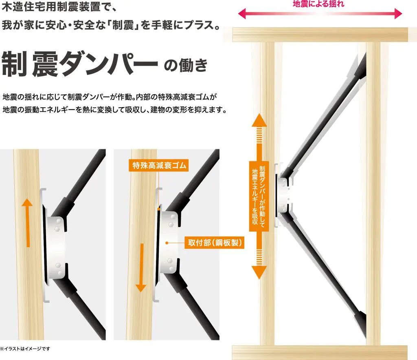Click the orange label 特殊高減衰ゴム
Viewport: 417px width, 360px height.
point(158,166)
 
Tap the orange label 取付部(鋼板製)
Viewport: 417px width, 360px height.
point(214,243)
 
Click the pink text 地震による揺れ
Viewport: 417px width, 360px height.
point(318,4)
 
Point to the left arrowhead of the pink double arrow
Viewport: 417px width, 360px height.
point(241,13)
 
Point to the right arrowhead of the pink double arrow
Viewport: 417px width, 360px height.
point(398,13)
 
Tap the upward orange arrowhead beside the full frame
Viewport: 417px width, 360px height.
point(259,120)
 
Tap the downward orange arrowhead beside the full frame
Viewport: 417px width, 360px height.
point(259,272)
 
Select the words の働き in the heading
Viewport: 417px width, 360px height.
point(185,65)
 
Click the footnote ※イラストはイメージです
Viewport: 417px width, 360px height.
point(25,349)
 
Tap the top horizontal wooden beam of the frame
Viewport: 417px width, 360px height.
point(320,35)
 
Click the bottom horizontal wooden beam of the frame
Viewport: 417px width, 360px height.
point(320,353)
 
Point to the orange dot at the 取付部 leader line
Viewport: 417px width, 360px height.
point(167,243)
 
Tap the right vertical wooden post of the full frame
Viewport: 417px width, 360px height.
point(373,194)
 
